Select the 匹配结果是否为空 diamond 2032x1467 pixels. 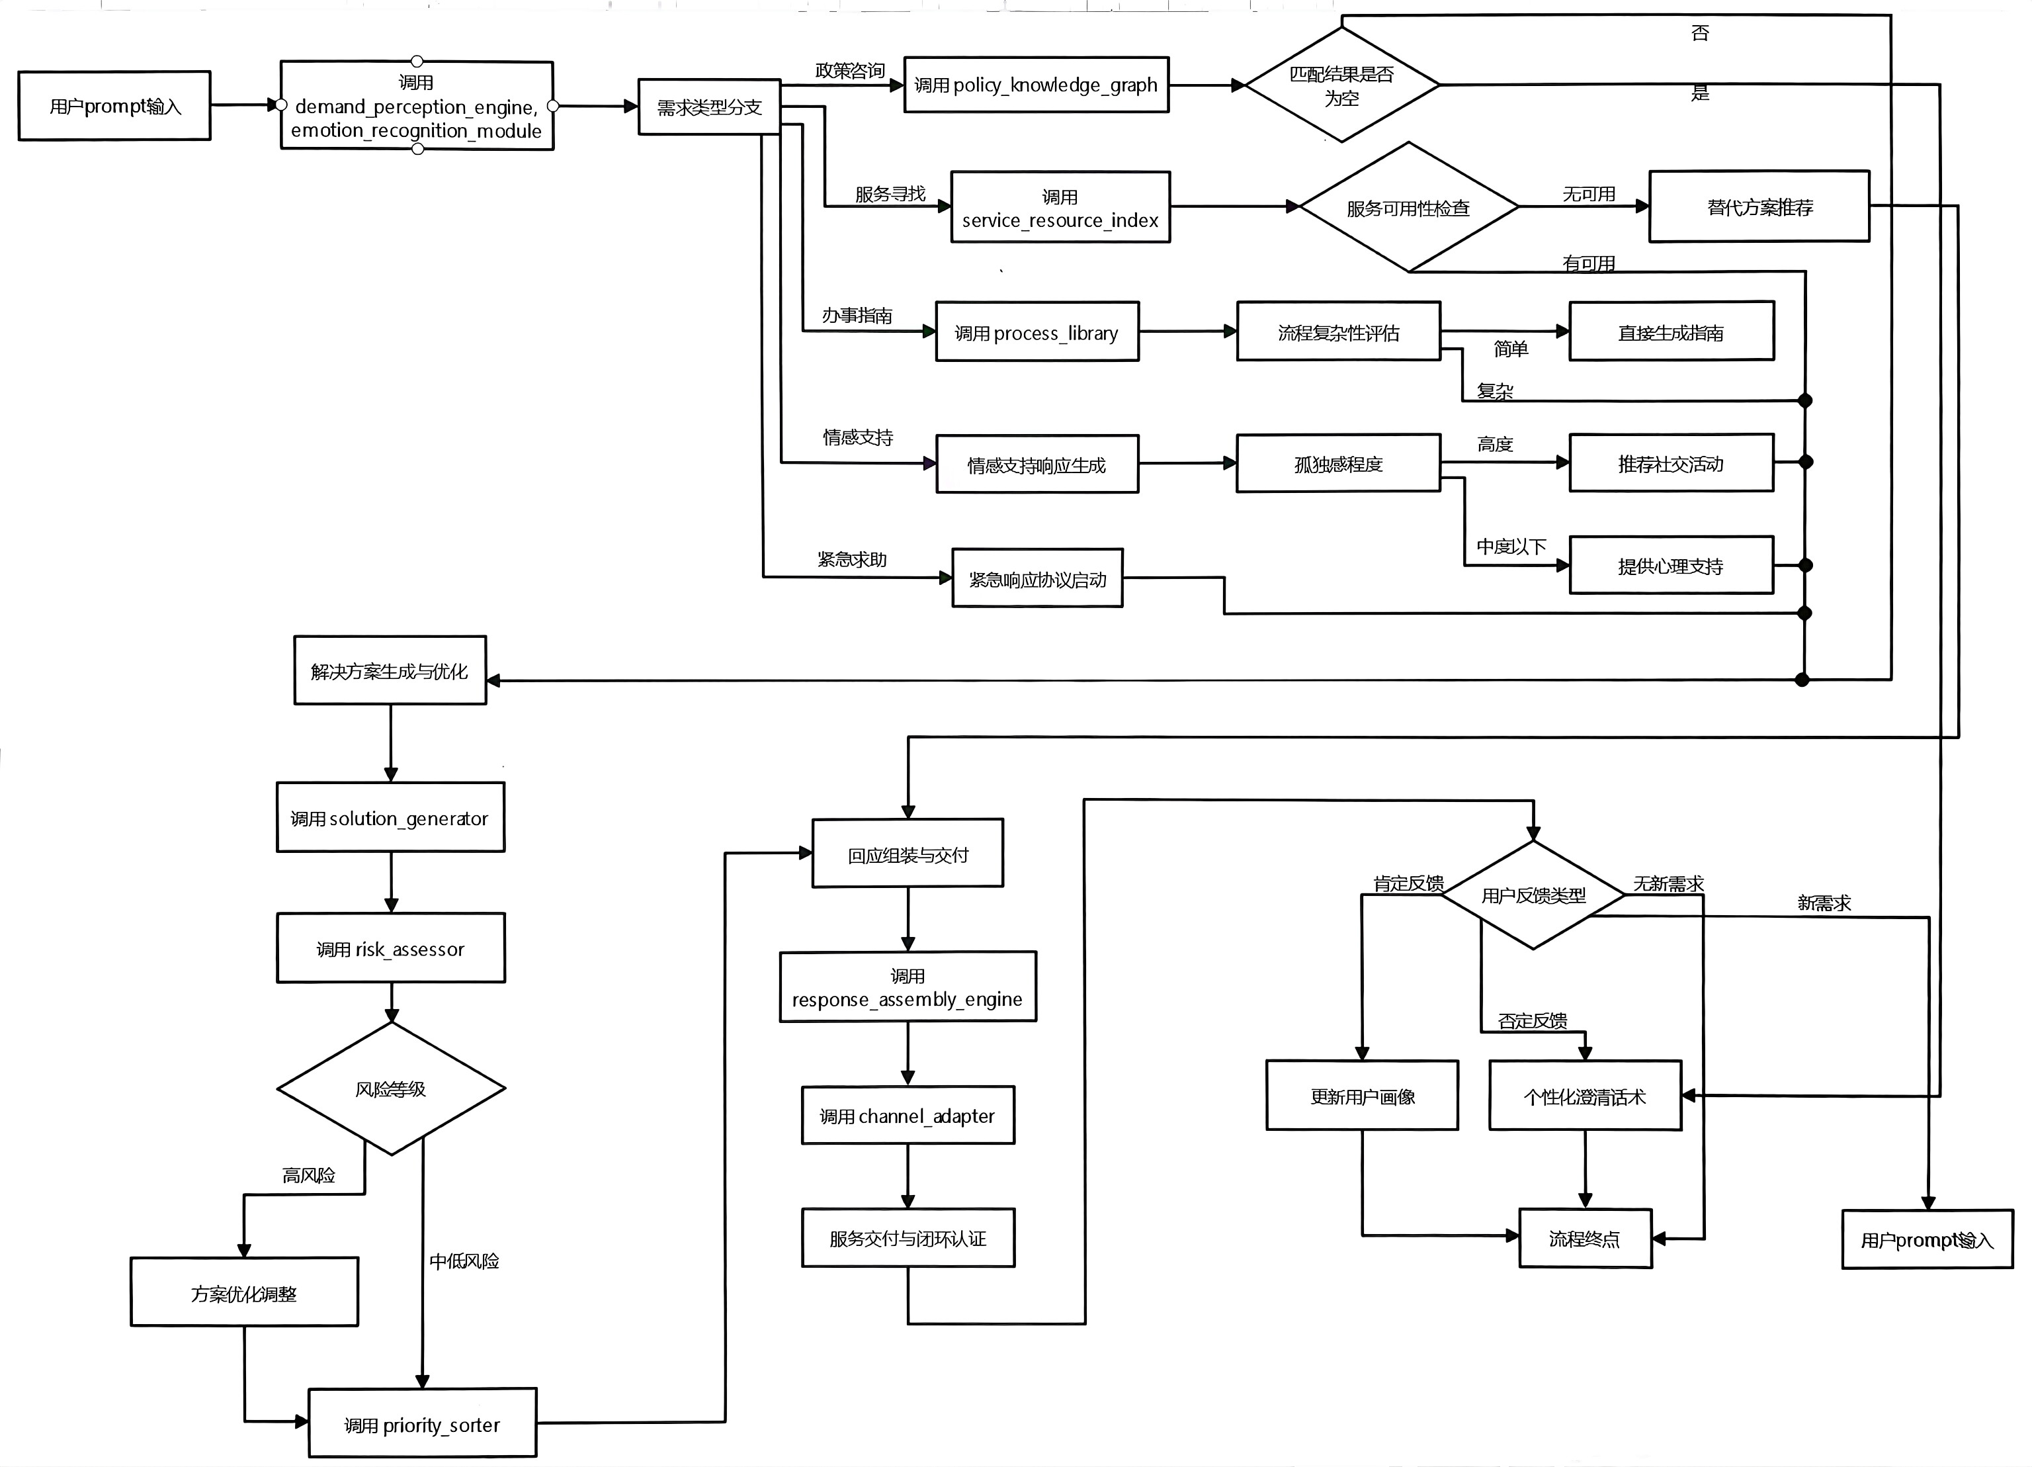[x=1341, y=85]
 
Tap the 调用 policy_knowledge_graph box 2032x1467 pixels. [x=1036, y=85]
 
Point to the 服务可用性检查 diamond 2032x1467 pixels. [x=1408, y=207]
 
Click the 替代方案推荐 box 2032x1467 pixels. [x=1759, y=206]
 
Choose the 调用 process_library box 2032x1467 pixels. [x=1037, y=332]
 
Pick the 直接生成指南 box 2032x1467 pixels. [x=1671, y=332]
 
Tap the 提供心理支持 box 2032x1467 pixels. [x=1671, y=564]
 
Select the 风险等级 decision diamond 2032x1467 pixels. [x=392, y=1089]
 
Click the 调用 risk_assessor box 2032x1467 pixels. [x=391, y=948]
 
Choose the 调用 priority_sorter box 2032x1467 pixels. [x=422, y=1423]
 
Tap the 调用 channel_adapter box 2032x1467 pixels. [x=908, y=1116]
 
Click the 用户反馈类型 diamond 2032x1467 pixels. [x=1533, y=895]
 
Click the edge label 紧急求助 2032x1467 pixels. [x=852, y=559]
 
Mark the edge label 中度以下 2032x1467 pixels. [x=1511, y=546]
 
